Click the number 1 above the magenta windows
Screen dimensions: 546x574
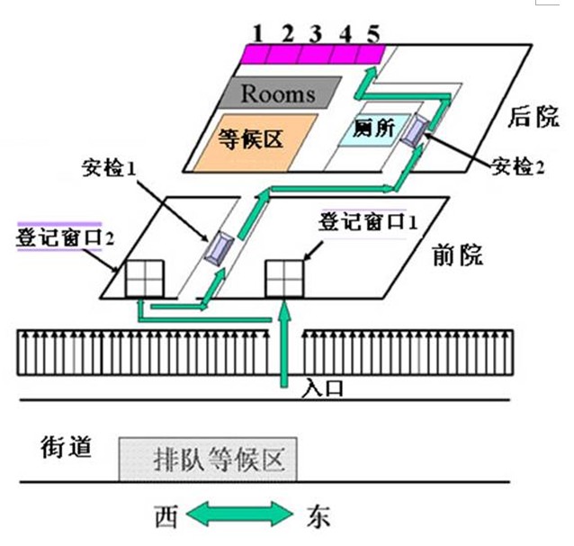[x=257, y=34]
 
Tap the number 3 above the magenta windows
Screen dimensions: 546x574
[x=315, y=34]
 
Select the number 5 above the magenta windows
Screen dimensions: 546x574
[x=373, y=34]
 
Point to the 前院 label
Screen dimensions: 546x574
[x=458, y=255]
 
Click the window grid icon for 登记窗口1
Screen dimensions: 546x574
[x=283, y=280]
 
